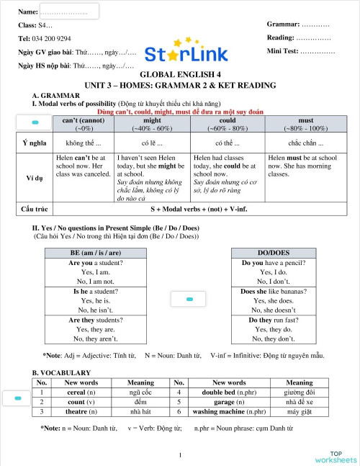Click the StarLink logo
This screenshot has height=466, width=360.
coord(186,52)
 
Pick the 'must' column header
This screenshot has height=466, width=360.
coord(305,121)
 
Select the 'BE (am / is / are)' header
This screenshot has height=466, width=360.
coord(95,253)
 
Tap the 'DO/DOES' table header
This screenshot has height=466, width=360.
coord(267,253)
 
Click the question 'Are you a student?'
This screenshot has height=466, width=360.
coord(95,263)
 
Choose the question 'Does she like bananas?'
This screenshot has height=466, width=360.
coord(267,292)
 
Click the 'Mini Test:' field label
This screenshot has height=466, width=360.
coord(283,51)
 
